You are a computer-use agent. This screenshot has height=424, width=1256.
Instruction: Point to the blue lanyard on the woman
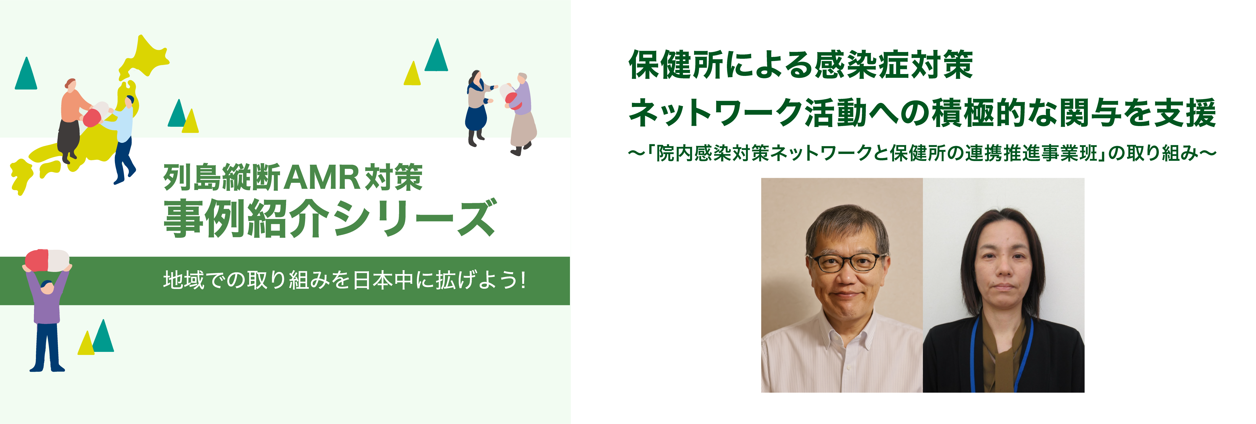(975, 351)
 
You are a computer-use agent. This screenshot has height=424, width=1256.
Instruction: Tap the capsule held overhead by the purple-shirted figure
(47, 260)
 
